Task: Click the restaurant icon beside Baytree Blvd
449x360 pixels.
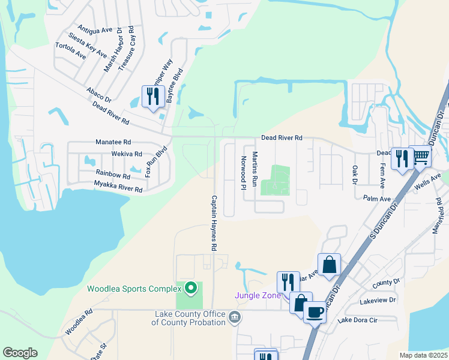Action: point(152,96)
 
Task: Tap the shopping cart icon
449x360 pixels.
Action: point(421,157)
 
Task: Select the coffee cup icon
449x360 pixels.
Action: point(315,311)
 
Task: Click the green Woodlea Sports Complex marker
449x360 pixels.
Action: point(191,289)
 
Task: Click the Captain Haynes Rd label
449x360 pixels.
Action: point(213,223)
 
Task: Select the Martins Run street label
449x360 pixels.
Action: point(255,169)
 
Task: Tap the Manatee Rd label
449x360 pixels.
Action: point(113,142)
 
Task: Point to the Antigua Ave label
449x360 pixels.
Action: point(95,29)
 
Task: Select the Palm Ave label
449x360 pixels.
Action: point(377,199)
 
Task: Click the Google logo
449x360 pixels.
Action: point(20,353)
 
